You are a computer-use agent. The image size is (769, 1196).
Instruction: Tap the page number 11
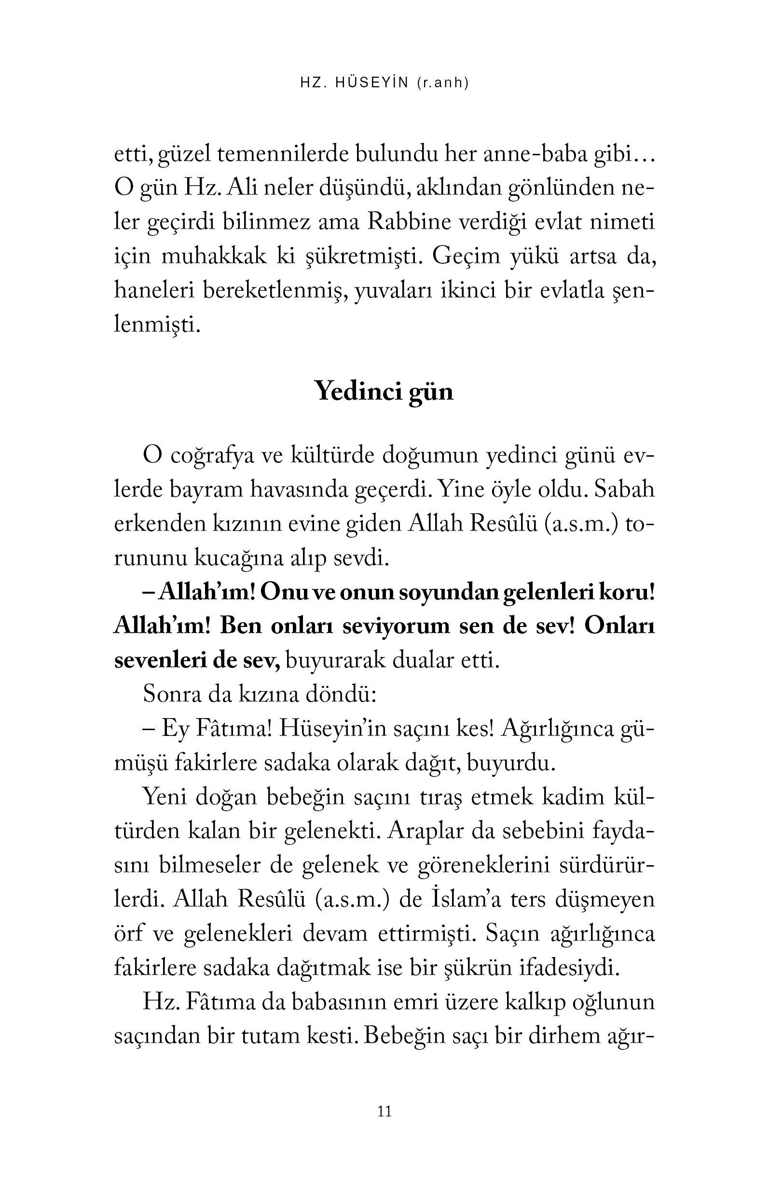384,1112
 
